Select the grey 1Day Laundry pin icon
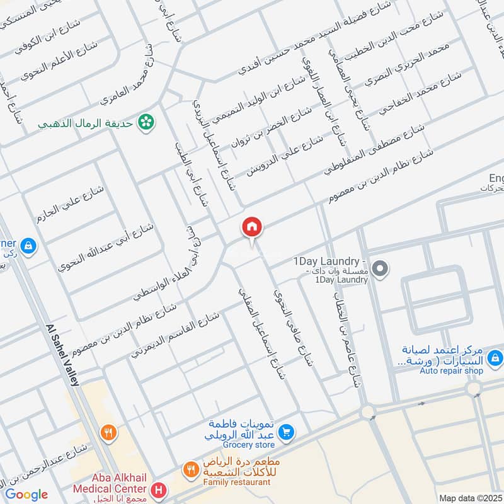(380, 270)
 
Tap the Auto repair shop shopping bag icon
(495, 358)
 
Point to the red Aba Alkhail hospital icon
(159, 489)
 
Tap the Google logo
(26, 495)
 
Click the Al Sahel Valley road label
(62, 356)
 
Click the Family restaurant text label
(237, 482)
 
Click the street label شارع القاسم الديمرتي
(175, 335)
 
